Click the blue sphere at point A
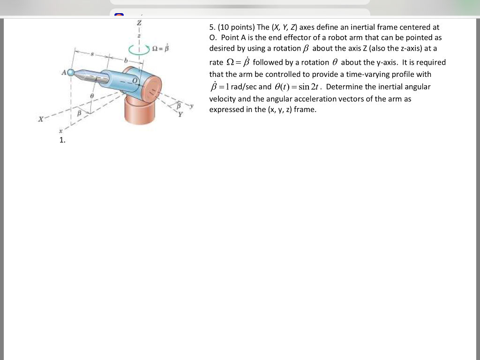point(71,72)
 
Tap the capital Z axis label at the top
point(139,23)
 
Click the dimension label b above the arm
point(125,60)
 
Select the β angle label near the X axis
point(79,113)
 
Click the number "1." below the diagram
point(62,140)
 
